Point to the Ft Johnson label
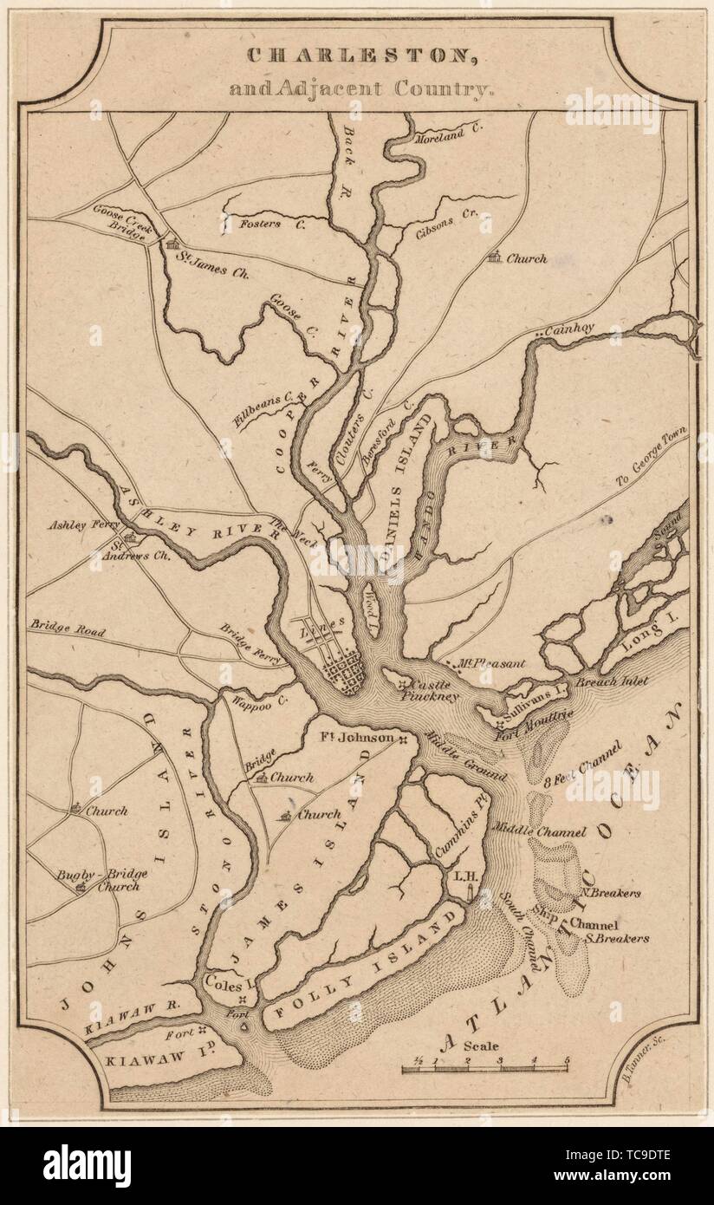point(357,739)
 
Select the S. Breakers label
point(616,937)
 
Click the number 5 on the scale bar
point(566,1060)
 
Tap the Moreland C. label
point(448,138)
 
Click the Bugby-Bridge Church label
point(113,879)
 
